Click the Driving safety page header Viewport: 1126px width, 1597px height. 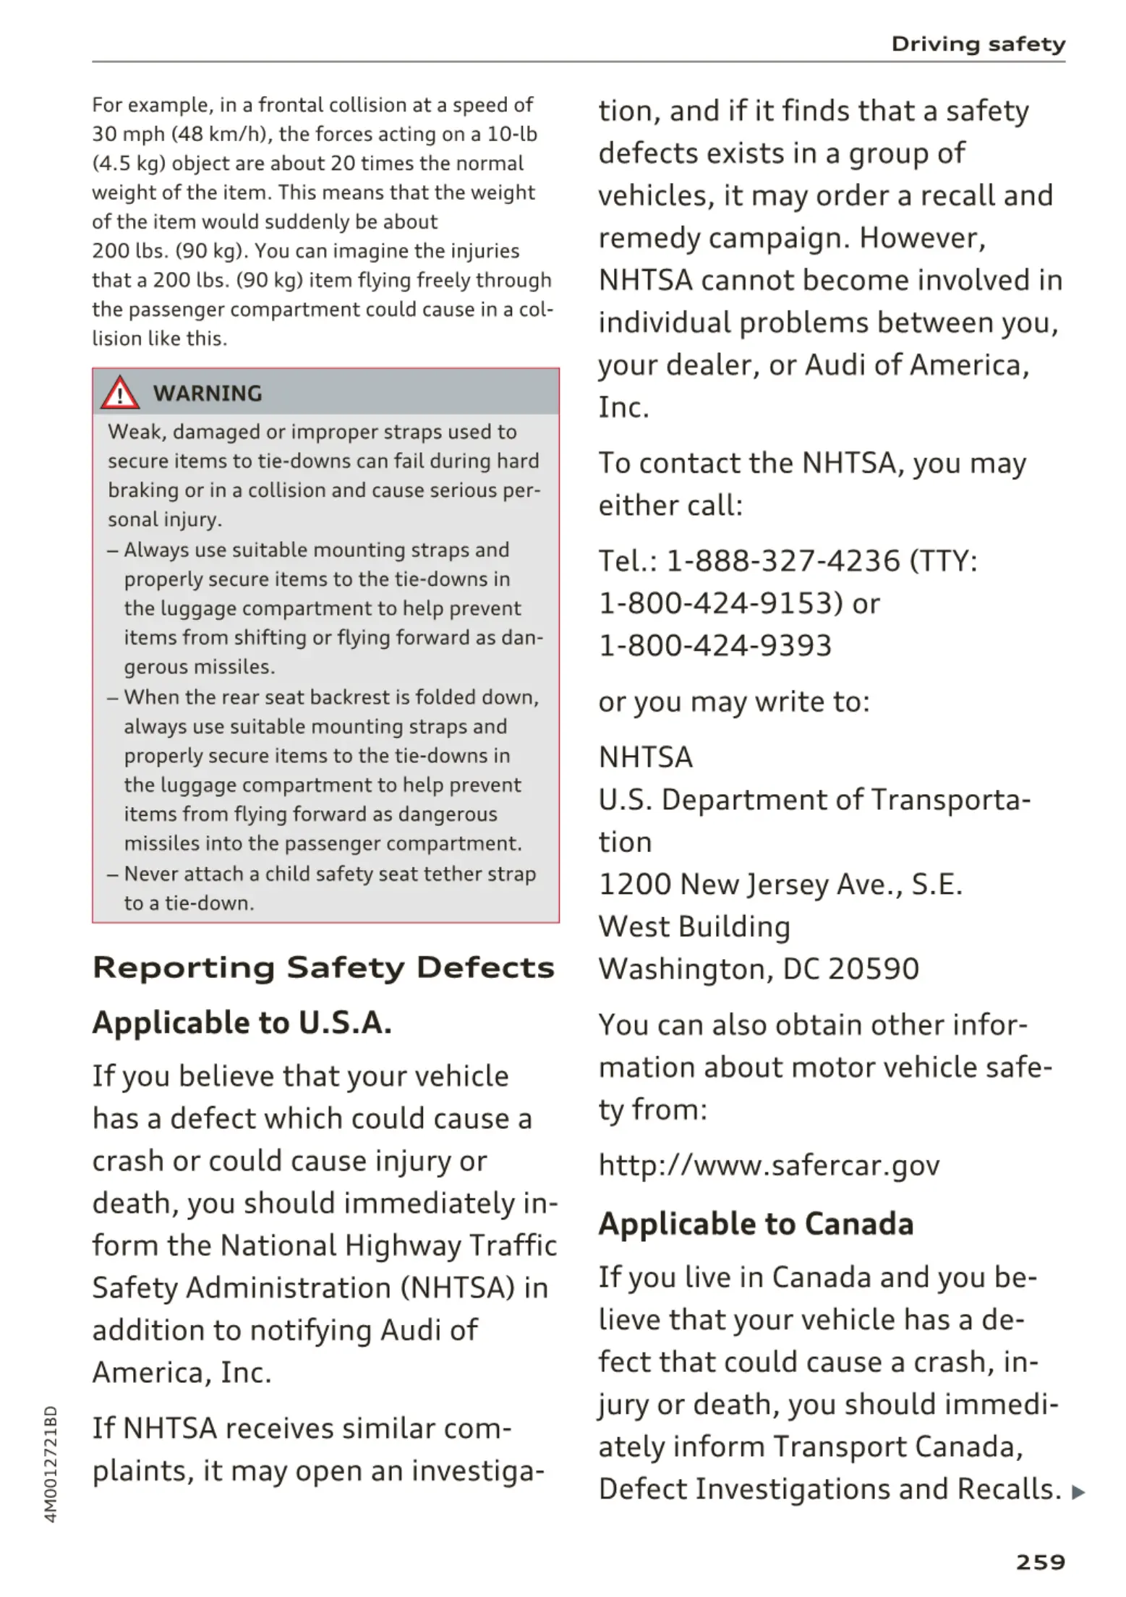point(978,44)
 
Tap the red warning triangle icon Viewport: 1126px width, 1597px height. point(119,393)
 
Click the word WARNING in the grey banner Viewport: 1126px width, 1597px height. point(208,393)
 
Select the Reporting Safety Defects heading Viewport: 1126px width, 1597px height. point(323,968)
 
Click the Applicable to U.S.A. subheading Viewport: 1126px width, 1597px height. point(242,1023)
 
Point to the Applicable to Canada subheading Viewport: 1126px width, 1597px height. point(756,1224)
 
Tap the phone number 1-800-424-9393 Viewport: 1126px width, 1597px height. point(715,645)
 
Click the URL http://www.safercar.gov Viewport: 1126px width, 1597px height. point(769,1165)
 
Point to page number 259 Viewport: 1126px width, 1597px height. point(1040,1562)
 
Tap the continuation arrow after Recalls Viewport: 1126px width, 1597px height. point(1078,1491)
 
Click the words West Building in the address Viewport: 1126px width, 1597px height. point(694,927)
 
